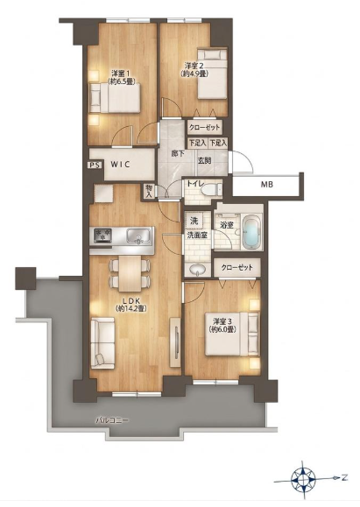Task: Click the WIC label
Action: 121,165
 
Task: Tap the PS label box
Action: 95,165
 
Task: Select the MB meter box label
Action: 267,185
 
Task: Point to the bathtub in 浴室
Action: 251,232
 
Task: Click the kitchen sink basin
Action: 138,235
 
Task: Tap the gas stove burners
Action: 102,235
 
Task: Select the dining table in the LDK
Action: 130,273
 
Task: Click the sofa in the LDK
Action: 102,342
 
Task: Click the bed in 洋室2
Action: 212,74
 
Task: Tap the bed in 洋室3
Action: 232,334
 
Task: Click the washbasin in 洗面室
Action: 196,270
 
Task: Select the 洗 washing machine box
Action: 194,221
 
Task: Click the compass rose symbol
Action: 303,478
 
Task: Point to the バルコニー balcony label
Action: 112,420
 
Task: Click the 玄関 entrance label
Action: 204,160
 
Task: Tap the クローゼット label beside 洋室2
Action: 204,127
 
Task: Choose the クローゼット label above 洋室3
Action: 237,267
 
